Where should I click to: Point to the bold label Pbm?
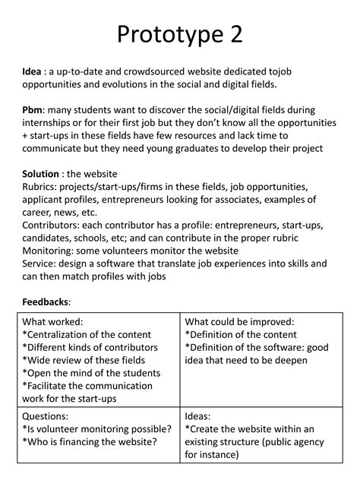click(x=33, y=110)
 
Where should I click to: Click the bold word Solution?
click(x=40, y=174)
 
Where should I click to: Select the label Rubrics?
click(x=42, y=187)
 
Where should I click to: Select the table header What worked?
click(x=52, y=321)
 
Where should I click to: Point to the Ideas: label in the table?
click(x=200, y=416)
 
